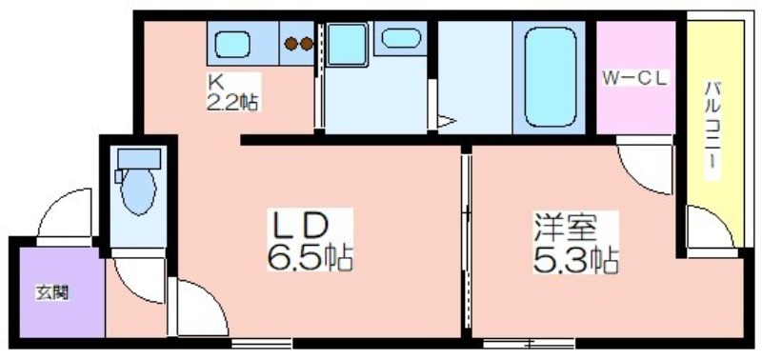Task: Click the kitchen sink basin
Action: pyautogui.click(x=232, y=44)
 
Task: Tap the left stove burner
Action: pyautogui.click(x=291, y=44)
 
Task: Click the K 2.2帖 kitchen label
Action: pyautogui.click(x=232, y=92)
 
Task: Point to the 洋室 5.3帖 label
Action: pyautogui.click(x=575, y=243)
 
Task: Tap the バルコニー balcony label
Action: pyautogui.click(x=713, y=125)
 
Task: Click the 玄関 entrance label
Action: pyautogui.click(x=52, y=293)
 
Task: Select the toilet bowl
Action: pyautogui.click(x=138, y=190)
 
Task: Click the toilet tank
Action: pyautogui.click(x=139, y=158)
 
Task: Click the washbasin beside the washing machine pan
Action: pyautogui.click(x=401, y=38)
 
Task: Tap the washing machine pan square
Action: pyautogui.click(x=347, y=45)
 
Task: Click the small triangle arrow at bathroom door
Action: pyautogui.click(x=446, y=121)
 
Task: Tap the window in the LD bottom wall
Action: pyautogui.click(x=262, y=344)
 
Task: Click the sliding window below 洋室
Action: pyautogui.click(x=530, y=344)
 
